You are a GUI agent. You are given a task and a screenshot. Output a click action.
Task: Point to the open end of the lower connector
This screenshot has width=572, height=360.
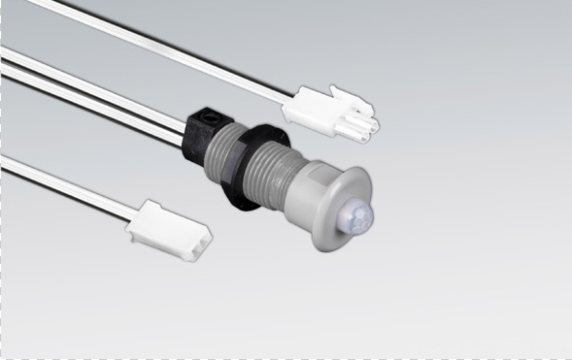point(199,244)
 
